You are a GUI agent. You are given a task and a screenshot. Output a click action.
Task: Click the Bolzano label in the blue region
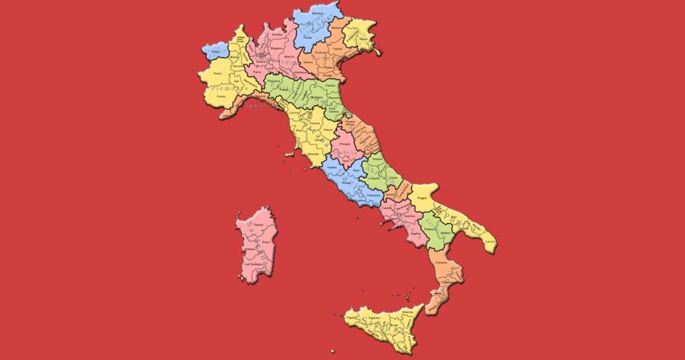318,13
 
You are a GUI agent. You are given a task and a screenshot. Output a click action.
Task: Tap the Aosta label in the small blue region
215,51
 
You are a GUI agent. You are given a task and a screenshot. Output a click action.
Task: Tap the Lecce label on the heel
489,240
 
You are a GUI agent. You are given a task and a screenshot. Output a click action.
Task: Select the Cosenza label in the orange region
441,263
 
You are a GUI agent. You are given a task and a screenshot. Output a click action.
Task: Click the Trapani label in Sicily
351,319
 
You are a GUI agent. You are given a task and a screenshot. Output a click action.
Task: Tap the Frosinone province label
375,195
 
